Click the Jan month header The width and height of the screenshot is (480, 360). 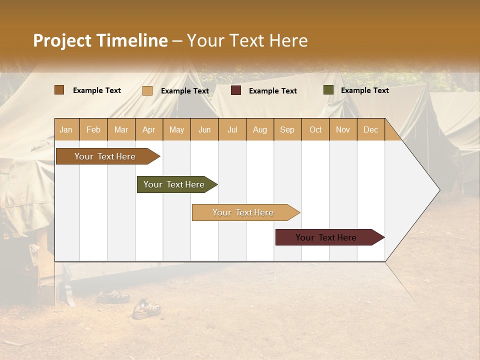[66, 129]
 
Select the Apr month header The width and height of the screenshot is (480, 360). [149, 129]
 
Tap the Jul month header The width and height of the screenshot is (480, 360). [232, 129]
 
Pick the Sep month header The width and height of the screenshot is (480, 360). [287, 129]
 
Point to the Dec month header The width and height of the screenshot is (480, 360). [370, 129]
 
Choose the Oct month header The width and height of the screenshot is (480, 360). [315, 129]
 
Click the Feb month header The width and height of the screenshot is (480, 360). [93, 129]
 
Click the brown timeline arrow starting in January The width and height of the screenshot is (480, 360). [105, 156]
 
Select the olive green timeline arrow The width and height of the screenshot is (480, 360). [174, 184]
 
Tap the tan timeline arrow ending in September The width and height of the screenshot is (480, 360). [243, 212]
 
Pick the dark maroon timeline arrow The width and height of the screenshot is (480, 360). [326, 237]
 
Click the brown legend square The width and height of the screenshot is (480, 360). [59, 90]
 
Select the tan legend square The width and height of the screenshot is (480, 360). [147, 90]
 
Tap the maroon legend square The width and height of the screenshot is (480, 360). [236, 90]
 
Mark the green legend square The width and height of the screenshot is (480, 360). [328, 90]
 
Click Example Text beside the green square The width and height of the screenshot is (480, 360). [364, 90]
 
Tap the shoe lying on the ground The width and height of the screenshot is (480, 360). [146, 309]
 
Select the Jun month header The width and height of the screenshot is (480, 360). [204, 129]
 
